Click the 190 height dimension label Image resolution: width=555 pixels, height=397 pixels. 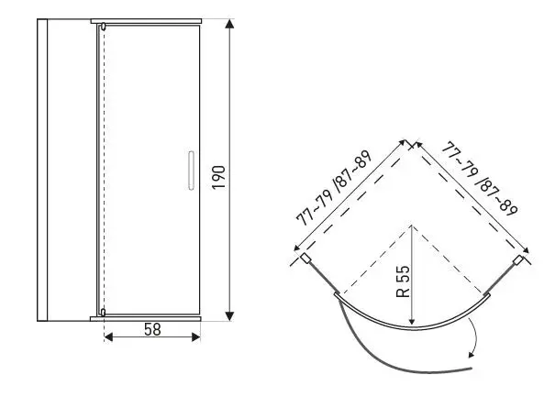(218, 177)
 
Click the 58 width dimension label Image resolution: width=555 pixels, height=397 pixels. (152, 329)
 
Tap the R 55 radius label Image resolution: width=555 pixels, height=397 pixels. (403, 281)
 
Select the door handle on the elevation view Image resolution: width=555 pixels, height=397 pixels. (191, 171)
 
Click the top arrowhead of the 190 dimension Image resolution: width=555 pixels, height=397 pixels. (229, 24)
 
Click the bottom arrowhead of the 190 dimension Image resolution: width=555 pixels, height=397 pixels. (229, 316)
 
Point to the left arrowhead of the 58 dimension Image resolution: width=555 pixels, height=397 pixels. (108, 336)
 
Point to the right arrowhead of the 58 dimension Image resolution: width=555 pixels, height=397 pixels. (196, 336)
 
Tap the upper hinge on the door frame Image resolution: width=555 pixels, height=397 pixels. (103, 27)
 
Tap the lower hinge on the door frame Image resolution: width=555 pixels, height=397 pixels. (103, 312)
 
